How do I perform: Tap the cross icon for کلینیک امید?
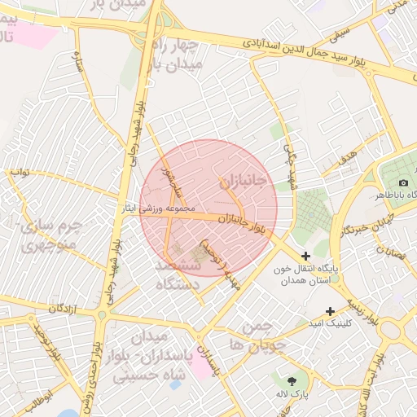(330, 311)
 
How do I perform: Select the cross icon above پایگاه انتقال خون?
(306, 256)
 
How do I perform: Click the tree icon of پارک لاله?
(292, 381)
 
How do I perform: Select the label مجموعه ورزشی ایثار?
(173, 208)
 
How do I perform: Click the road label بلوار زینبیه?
(362, 309)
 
